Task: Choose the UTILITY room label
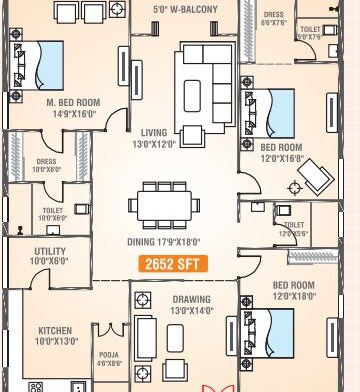[50, 253]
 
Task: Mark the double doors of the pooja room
[110, 329]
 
